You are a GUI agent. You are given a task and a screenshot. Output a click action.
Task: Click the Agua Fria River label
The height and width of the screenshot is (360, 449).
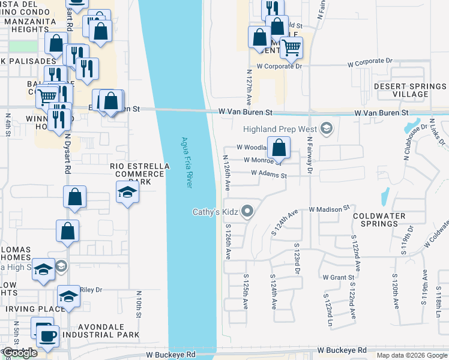[x=187, y=163]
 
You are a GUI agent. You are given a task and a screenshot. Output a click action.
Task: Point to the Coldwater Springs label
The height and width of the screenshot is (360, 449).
[x=379, y=219]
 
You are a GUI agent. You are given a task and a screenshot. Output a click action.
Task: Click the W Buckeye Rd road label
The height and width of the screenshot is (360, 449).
[x=342, y=350]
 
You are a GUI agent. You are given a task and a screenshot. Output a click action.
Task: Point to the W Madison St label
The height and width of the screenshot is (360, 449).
[x=329, y=209]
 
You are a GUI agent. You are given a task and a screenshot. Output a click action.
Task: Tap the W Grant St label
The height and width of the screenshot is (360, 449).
[x=340, y=277]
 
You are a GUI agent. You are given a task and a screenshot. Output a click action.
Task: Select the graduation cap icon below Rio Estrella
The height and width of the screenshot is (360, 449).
[x=127, y=193]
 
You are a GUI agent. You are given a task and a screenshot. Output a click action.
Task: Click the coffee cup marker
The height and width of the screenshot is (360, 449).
[x=47, y=336]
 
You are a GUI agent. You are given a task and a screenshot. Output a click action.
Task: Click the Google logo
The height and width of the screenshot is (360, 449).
[x=20, y=353]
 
